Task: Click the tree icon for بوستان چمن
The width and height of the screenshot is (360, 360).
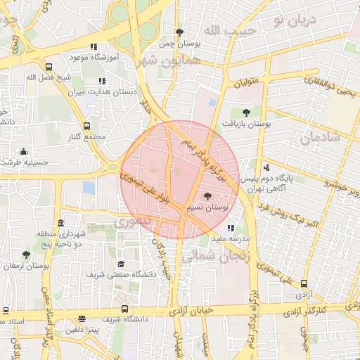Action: (180, 32)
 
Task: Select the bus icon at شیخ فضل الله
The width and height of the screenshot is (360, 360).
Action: (49, 67)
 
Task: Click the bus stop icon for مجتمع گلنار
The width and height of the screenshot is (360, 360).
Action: (86, 127)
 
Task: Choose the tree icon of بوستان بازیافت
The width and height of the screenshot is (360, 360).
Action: (245, 112)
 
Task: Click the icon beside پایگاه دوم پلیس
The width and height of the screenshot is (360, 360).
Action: (266, 168)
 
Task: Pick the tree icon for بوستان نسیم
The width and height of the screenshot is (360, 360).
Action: (207, 196)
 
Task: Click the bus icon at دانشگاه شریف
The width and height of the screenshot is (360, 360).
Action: (124, 308)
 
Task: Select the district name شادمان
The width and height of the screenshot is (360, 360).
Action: (320, 139)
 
